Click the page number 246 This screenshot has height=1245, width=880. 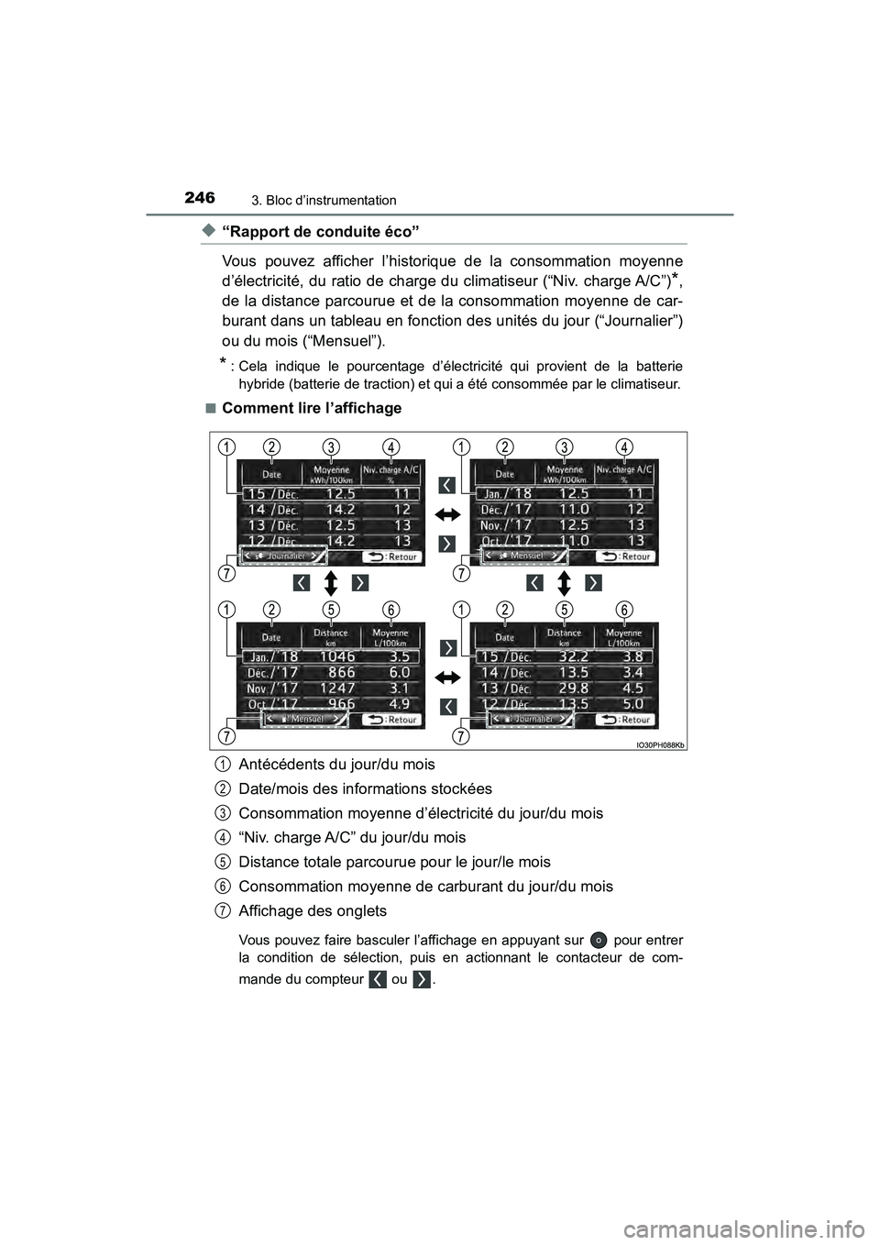click(199, 197)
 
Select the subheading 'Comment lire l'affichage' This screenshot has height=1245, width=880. click(312, 407)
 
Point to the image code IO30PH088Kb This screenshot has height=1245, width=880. click(659, 745)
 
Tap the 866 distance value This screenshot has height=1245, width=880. click(341, 672)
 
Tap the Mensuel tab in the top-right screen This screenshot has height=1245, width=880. click(517, 556)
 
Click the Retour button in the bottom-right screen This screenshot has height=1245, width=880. click(625, 720)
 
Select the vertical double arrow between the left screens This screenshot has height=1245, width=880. click(332, 583)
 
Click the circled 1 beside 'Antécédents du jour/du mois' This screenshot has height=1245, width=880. click(224, 764)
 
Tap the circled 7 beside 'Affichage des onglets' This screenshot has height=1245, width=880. click(224, 910)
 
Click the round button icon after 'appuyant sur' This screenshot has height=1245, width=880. click(598, 940)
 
